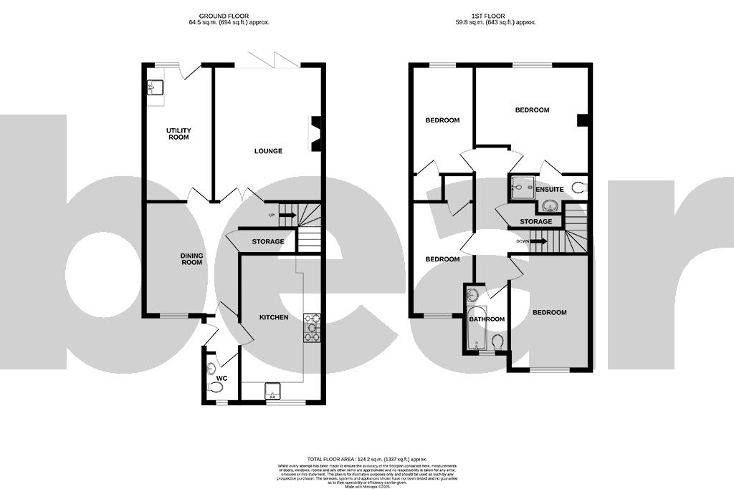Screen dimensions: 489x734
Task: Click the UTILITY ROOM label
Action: pos(178,134)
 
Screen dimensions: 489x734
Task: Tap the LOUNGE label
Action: pos(268,151)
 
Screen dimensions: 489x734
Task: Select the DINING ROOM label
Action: pos(191,259)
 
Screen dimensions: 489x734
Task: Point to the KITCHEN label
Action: pos(273,317)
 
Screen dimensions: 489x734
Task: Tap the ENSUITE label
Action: pos(549,190)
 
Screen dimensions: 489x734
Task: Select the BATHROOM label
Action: pos(487,319)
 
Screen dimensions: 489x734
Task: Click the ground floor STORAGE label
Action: pos(267,242)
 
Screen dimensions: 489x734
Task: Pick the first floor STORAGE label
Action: pos(536,222)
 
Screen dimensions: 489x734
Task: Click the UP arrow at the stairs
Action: pos(287,215)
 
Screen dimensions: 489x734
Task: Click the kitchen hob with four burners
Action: pos(313,327)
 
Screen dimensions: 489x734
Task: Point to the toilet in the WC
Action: pos(215,387)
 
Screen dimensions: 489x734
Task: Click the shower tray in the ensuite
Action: pos(519,188)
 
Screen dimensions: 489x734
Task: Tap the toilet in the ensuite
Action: pos(580,189)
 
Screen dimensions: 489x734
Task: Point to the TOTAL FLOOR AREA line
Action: pos(366,459)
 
